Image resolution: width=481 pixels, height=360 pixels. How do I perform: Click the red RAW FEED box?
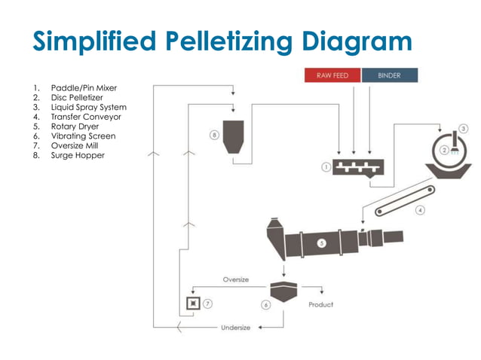coord(332,75)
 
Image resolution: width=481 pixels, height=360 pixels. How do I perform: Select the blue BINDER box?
coord(391,75)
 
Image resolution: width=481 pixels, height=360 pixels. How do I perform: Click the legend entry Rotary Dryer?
coord(75,127)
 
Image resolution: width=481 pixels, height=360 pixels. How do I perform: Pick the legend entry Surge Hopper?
coord(78,155)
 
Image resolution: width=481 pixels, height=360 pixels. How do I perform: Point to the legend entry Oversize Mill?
coord(75,145)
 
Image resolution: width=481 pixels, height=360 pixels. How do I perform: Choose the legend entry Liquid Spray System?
coord(88,107)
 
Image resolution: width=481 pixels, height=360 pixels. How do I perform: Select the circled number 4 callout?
coord(420,209)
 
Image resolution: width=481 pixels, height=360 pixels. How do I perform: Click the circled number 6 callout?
coord(266,305)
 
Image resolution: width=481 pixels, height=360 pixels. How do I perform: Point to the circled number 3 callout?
coord(464,128)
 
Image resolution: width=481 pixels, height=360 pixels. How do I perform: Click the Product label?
coord(320,305)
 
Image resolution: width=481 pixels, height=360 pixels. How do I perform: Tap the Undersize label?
coord(235,328)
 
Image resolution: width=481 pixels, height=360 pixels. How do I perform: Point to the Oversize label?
coord(235,279)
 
